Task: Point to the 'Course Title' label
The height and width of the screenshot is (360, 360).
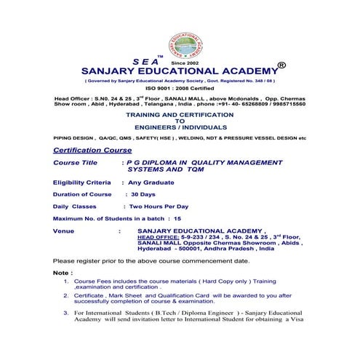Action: point(74,163)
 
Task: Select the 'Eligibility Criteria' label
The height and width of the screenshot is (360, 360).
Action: point(82,185)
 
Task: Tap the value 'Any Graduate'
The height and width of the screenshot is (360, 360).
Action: point(147,185)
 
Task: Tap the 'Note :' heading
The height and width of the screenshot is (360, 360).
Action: point(63,271)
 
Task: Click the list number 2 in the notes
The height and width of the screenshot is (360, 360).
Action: point(66,296)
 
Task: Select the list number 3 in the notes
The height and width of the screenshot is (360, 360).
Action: point(66,312)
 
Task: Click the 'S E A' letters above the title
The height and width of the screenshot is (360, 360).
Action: point(146,63)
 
